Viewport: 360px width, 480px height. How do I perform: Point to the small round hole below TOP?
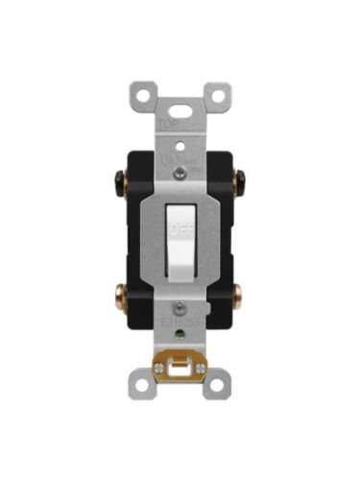tap(180, 142)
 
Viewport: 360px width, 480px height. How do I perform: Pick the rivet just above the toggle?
tap(180, 175)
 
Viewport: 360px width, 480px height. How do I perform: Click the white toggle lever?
tap(180, 240)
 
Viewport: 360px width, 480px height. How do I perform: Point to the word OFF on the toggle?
tap(180, 230)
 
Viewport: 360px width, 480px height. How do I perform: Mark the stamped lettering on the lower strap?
tap(182, 331)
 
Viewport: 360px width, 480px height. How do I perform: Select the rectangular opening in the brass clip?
tap(180, 369)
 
